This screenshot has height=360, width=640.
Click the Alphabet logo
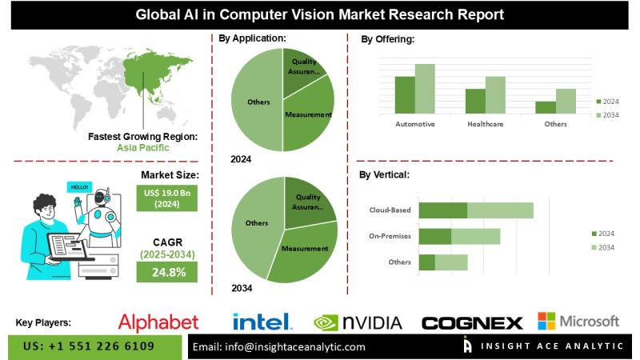pos(158,322)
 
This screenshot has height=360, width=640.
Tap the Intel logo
pos(262,322)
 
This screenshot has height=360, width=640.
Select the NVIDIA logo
pos(358,322)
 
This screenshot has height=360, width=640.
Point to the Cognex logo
pos(472,323)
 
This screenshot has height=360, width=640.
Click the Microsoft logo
pos(578,322)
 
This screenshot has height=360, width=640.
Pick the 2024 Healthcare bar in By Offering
pos(475,100)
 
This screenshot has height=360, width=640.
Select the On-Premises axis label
pos(390,236)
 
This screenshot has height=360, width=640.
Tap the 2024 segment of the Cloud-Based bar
pos(442,210)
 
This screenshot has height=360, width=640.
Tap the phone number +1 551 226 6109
pos(89,346)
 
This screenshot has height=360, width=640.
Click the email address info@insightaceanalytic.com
pos(279,347)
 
